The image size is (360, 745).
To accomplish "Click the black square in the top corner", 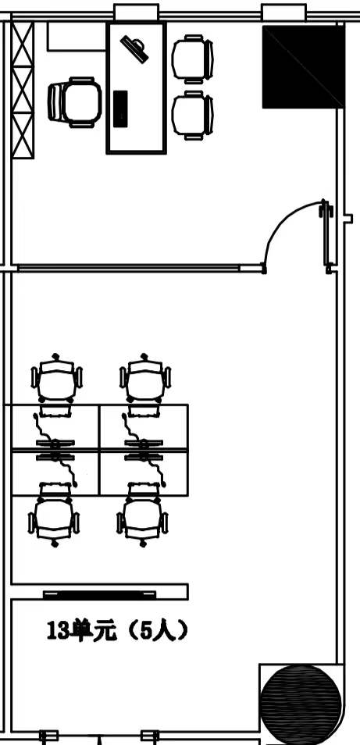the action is [303, 66].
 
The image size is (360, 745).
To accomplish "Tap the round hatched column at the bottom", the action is [301, 704].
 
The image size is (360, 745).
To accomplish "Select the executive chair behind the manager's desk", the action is [75, 102].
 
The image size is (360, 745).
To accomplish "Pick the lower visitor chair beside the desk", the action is [192, 116].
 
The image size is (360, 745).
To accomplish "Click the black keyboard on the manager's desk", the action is [120, 109].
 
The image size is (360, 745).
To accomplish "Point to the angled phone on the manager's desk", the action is [134, 49].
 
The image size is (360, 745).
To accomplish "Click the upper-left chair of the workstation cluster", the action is [56, 382].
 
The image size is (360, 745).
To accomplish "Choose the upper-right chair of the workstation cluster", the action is [144, 382].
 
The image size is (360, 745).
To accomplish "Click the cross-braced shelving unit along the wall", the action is [23, 90].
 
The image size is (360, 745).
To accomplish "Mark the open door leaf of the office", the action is [326, 236].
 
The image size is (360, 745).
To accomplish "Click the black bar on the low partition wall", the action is [100, 594].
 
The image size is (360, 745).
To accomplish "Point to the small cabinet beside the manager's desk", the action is [77, 36].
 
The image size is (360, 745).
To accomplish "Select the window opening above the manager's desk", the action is [137, 12].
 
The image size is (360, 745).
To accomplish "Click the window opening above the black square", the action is [284, 12].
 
